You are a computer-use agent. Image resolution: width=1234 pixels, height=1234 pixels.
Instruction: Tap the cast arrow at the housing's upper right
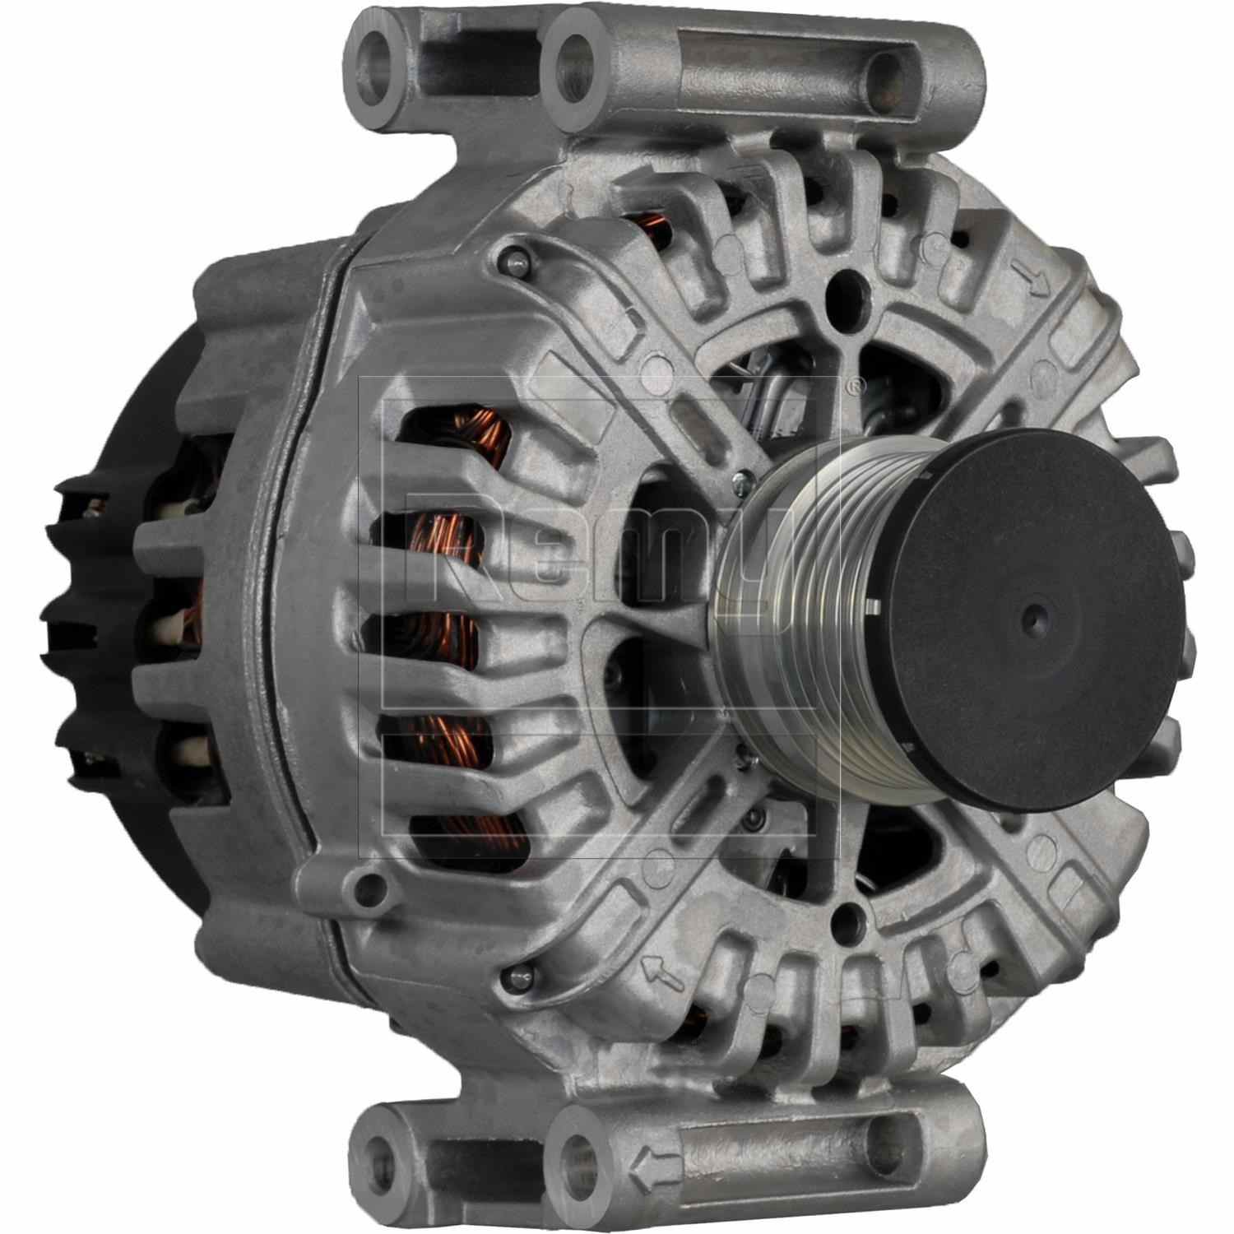pos(1039,282)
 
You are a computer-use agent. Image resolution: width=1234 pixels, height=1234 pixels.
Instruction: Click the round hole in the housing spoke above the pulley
pos(842,290)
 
